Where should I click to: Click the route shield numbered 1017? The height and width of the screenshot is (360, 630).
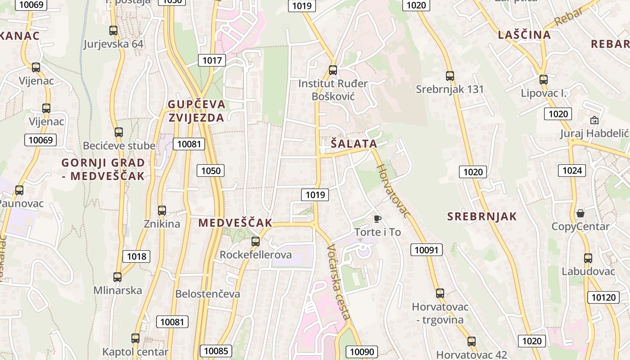pos(212,60)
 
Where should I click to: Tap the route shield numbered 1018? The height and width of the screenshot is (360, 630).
pos(136,256)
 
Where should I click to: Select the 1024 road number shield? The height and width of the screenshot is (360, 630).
pos(572,170)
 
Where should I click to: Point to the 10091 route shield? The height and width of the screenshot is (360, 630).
pos(426,250)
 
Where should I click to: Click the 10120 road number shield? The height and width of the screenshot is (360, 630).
pos(603,297)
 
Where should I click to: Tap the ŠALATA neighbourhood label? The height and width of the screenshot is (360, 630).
pos(354,144)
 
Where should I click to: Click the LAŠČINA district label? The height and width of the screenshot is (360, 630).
pos(524,35)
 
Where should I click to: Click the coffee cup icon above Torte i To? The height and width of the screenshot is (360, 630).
pos(377,219)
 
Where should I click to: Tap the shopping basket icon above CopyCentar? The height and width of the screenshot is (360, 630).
pos(580,213)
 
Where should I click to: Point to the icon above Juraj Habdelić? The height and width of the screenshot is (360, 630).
pos(594,120)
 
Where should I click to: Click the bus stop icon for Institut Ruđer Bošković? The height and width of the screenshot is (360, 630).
pos(333,70)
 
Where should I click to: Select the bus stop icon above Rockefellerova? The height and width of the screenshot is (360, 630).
pos(256,242)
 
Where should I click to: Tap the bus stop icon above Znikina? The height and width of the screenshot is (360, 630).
pos(162,210)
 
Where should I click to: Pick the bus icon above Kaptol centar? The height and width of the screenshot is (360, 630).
pos(135,338)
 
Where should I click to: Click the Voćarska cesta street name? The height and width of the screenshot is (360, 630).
pos(338,282)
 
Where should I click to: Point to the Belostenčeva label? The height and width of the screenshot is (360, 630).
pos(207,294)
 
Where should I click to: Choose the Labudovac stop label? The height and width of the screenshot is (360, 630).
pos(588,271)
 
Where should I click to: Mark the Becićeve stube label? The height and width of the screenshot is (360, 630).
pos(119,146)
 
